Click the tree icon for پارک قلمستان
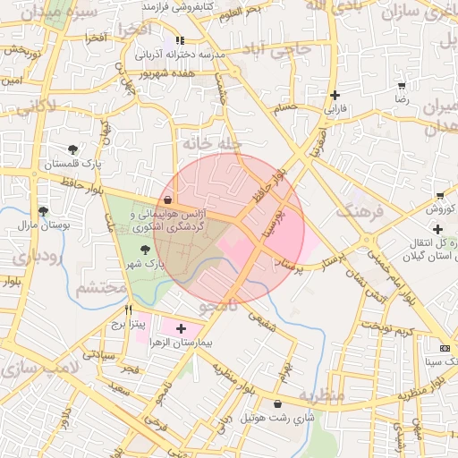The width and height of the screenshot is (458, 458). [72, 148]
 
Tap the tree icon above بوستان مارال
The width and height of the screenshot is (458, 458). [43, 211]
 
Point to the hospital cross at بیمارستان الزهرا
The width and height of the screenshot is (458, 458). [182, 329]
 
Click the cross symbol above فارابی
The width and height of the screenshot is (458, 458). [335, 95]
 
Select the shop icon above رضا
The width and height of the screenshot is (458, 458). [402, 86]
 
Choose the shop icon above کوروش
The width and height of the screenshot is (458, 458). [439, 196]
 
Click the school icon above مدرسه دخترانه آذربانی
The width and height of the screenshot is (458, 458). [180, 40]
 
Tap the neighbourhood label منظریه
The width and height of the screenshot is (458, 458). [321, 395]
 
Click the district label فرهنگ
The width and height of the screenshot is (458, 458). [359, 212]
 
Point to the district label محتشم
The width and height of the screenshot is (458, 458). [101, 289]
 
